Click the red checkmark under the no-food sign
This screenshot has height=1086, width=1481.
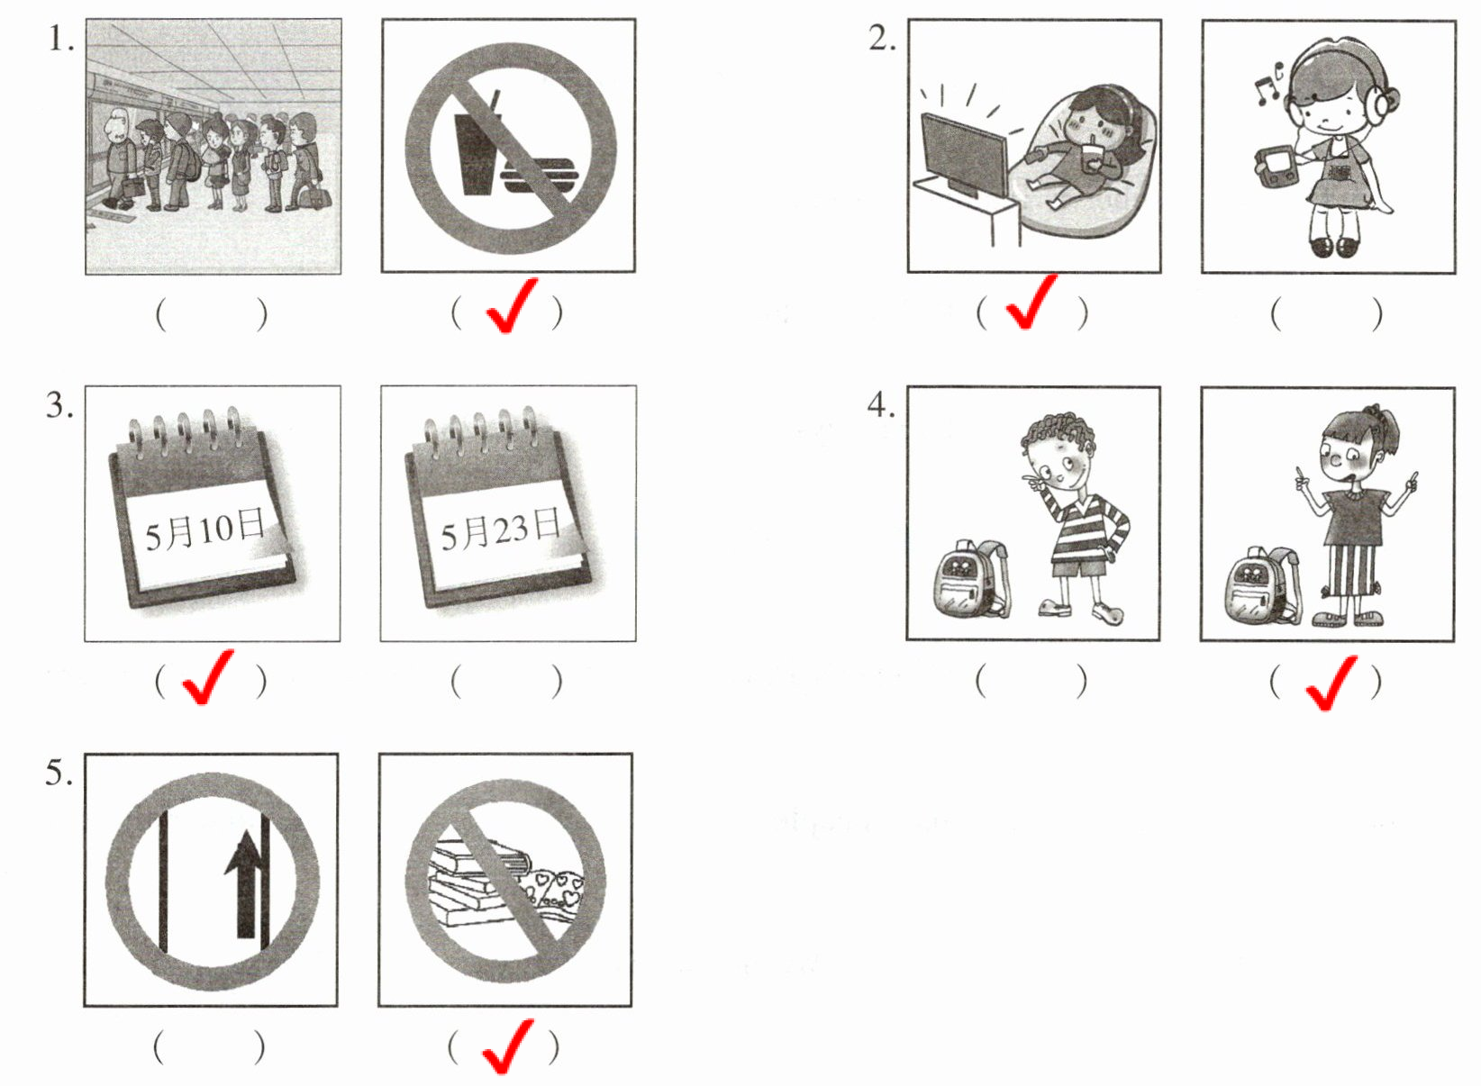click(511, 305)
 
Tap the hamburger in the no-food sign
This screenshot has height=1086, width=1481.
click(540, 176)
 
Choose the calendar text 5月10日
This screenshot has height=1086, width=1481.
click(204, 529)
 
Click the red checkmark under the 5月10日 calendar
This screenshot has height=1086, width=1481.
click(207, 676)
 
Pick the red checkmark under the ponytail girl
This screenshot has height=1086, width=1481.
click(1331, 683)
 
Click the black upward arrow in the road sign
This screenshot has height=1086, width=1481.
click(246, 883)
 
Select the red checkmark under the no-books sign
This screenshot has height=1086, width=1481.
click(508, 1045)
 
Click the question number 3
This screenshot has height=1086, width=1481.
click(59, 405)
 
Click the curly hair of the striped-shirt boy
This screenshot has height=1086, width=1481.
click(1058, 432)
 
